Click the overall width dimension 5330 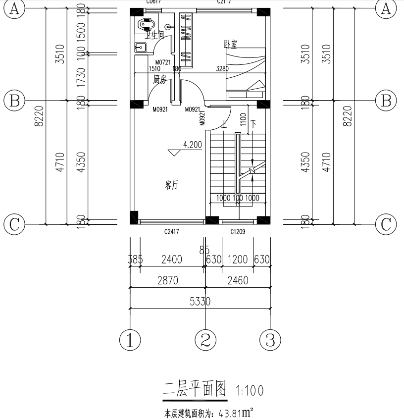click(x=200, y=302)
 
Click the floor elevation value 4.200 click(x=193, y=145)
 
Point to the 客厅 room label click(x=172, y=186)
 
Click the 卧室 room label click(x=231, y=45)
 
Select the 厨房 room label click(x=159, y=79)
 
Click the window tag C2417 click(x=171, y=231)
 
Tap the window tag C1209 click(x=238, y=231)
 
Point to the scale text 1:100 click(x=250, y=391)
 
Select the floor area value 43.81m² click(x=233, y=412)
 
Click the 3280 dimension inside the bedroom click(x=223, y=69)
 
